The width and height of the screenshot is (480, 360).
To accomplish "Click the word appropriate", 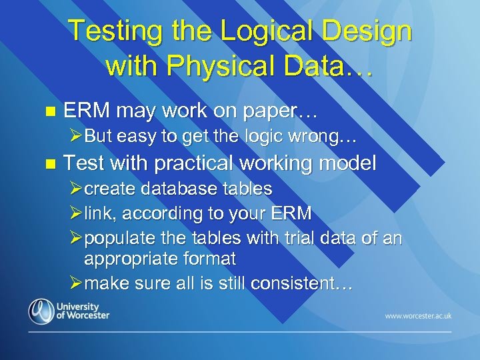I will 131,259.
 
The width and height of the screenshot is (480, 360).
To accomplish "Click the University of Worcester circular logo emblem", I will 41,311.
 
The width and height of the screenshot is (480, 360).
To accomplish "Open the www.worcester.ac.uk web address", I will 417,315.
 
